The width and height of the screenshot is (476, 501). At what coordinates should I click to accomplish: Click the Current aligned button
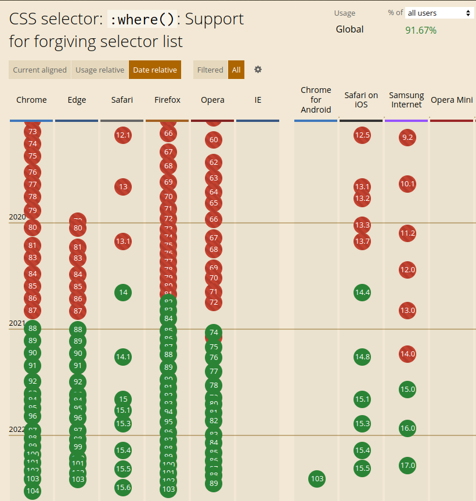point(39,70)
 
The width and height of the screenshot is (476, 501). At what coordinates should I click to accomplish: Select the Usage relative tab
point(100,70)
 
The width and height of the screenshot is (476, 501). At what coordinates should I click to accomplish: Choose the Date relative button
point(155,70)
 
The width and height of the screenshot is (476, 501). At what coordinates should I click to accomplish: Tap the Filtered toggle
point(210,70)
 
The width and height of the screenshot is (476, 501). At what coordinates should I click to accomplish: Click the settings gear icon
point(258,70)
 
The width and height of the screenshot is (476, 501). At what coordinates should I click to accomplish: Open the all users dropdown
point(439,13)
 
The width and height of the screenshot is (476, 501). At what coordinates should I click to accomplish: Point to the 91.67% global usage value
point(421,30)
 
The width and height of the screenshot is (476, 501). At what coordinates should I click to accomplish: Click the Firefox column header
point(167,100)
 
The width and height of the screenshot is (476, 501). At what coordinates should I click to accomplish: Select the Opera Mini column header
point(452,100)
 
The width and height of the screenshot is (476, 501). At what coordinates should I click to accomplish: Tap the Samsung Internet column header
point(406,100)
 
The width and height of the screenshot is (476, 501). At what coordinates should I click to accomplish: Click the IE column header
point(258,100)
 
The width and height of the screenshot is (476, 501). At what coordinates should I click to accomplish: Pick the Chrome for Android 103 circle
point(317,479)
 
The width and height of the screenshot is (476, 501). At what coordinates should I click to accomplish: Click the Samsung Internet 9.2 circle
point(407,138)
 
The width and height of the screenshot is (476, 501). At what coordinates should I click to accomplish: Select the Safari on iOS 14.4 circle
point(362,292)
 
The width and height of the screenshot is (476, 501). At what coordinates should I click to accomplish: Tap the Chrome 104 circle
point(33,491)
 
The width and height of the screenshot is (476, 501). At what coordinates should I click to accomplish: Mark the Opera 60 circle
point(214,140)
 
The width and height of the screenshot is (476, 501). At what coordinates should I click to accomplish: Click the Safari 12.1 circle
point(123,135)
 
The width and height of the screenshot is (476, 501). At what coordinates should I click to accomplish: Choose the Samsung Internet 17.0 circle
point(408,466)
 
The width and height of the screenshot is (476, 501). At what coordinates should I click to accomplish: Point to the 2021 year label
point(17,323)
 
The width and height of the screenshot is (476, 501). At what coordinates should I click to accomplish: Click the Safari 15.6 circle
point(123,488)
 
